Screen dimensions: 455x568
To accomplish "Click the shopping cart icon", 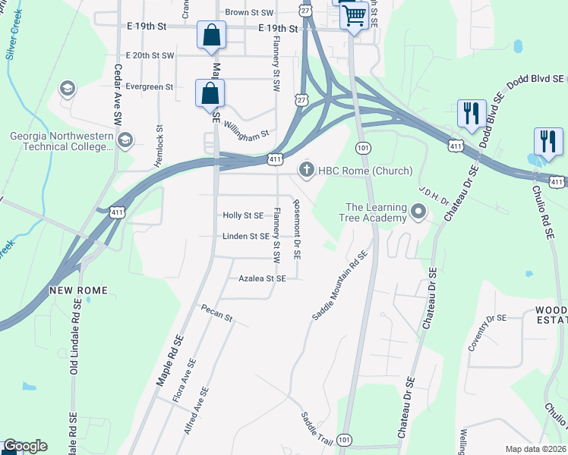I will point(354,14).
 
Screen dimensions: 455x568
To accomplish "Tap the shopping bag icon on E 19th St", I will point(211,35).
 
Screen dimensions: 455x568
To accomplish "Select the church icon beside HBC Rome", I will point(308,169).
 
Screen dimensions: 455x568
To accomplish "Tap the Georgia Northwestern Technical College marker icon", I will point(125,140).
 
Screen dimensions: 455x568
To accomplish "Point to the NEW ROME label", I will point(78,291).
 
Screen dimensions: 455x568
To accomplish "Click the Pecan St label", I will point(216,312).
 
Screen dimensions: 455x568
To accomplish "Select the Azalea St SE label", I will point(262,279).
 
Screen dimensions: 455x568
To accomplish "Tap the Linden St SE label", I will point(245,237).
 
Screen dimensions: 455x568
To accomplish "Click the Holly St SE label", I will point(242,215).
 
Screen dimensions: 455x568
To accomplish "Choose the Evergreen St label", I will point(149,87).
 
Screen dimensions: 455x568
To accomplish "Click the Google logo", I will point(24,446).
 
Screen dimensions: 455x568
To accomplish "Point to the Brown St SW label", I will point(248,13).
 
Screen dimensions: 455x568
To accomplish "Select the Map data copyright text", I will point(535,449).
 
